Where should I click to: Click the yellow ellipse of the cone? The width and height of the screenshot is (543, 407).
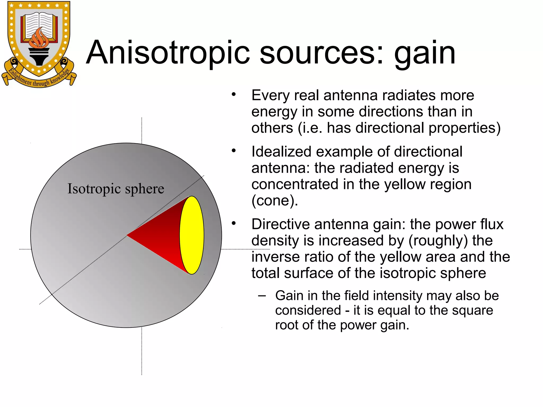click(192, 235)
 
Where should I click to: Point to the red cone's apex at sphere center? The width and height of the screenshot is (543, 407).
click(128, 235)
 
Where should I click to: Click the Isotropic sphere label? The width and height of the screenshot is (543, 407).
click(116, 189)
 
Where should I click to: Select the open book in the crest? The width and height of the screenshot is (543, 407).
click(39, 25)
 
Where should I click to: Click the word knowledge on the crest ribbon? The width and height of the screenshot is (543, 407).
click(60, 77)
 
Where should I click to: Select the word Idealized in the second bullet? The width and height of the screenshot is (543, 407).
click(281, 152)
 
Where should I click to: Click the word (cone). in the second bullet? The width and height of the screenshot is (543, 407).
click(275, 201)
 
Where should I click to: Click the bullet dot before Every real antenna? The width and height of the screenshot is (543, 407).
click(233, 94)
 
